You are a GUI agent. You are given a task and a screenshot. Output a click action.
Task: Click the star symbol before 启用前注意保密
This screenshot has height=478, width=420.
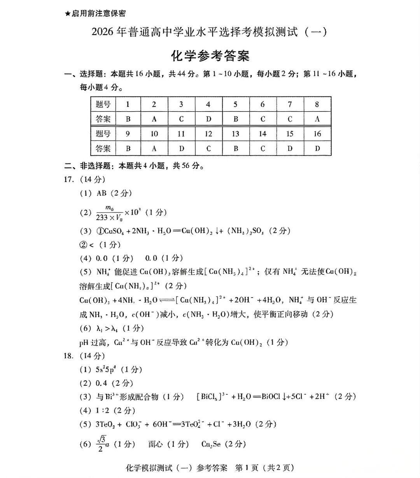pyautogui.click(x=68, y=14)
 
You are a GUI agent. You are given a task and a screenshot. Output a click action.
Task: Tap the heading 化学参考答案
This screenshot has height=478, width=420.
pyautogui.click(x=210, y=56)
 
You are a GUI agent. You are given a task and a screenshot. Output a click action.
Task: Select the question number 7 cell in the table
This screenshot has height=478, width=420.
pyautogui.click(x=290, y=104)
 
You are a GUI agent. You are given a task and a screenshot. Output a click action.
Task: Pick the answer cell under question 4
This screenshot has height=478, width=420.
pyautogui.click(x=208, y=119)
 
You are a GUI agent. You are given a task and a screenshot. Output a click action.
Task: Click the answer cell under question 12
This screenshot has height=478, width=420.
pyautogui.click(x=208, y=149)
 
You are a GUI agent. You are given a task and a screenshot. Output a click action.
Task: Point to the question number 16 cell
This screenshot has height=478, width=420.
pyautogui.click(x=317, y=134)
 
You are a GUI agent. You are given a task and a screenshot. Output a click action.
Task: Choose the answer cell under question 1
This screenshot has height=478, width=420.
pyautogui.click(x=128, y=119)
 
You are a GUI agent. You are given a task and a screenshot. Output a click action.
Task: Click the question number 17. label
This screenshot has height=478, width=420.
pyautogui.click(x=69, y=179)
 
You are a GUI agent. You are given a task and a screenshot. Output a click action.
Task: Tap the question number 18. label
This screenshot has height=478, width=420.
pyautogui.click(x=69, y=356)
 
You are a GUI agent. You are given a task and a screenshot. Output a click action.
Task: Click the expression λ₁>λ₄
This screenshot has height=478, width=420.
pyautogui.click(x=108, y=329)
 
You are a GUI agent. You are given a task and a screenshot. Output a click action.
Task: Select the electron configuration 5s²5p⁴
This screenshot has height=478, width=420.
pyautogui.click(x=108, y=369)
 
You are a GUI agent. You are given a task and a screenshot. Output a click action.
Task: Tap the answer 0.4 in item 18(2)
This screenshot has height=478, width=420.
pyautogui.click(x=101, y=383)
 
